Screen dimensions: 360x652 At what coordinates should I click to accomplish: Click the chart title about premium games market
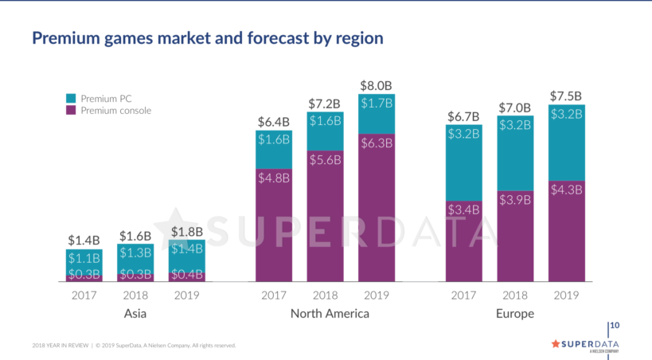point(207,38)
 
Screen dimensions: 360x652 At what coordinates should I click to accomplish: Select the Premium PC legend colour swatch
point(70,98)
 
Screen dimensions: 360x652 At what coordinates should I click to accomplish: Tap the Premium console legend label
point(115,111)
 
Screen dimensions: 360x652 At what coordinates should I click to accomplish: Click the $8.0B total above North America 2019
point(377,85)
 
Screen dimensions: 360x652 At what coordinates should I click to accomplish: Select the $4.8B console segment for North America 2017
point(274,225)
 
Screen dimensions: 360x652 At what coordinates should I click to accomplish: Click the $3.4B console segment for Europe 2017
point(463,241)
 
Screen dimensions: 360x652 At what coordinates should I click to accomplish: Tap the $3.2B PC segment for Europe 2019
point(566,143)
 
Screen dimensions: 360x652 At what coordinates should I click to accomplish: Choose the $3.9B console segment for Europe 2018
point(515,236)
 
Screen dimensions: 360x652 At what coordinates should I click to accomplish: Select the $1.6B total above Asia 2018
point(135,236)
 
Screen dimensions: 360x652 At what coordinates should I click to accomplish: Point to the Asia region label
point(135,314)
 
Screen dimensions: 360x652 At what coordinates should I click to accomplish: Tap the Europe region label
point(515,314)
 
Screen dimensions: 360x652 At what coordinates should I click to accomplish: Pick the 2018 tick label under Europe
point(515,295)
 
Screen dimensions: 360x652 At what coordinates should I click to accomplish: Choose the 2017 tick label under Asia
point(84,295)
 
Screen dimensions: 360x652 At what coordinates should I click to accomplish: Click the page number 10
point(615,326)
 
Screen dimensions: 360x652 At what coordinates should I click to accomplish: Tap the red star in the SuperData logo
point(556,343)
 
